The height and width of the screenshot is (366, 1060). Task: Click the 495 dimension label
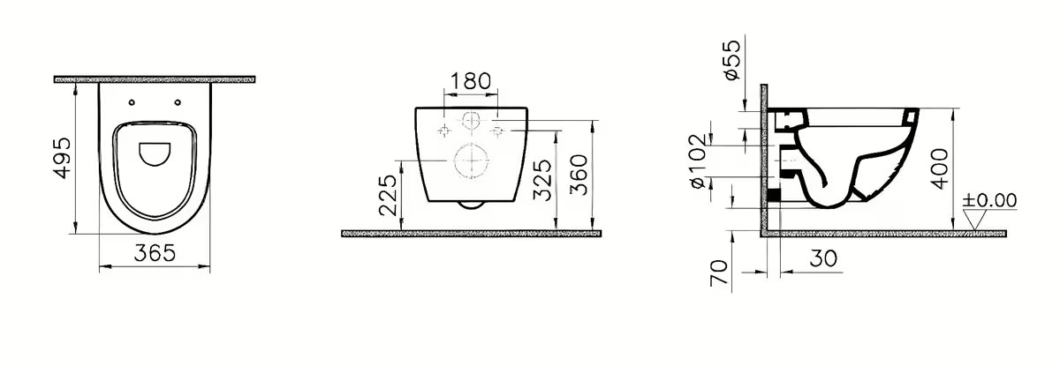(x=63, y=158)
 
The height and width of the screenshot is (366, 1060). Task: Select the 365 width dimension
(x=155, y=253)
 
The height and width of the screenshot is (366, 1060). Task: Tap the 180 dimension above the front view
(x=470, y=81)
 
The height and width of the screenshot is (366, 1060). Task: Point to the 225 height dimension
(x=388, y=195)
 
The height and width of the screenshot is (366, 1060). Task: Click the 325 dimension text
(x=542, y=181)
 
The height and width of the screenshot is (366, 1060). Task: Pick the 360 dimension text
(x=579, y=175)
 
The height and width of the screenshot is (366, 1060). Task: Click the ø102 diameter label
(x=699, y=161)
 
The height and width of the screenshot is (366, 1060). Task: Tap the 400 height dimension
(x=939, y=169)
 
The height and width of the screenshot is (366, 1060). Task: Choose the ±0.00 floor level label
(x=989, y=200)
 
